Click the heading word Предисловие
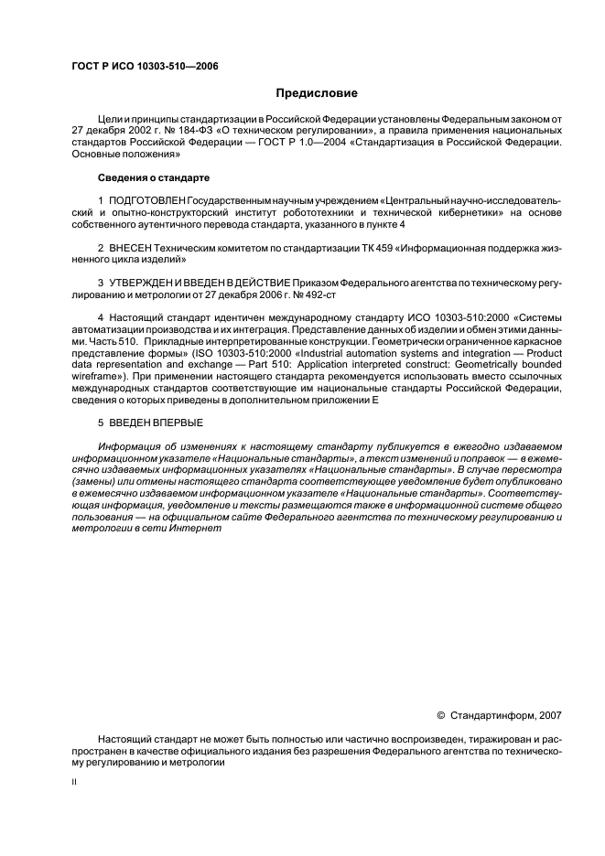(x=317, y=92)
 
